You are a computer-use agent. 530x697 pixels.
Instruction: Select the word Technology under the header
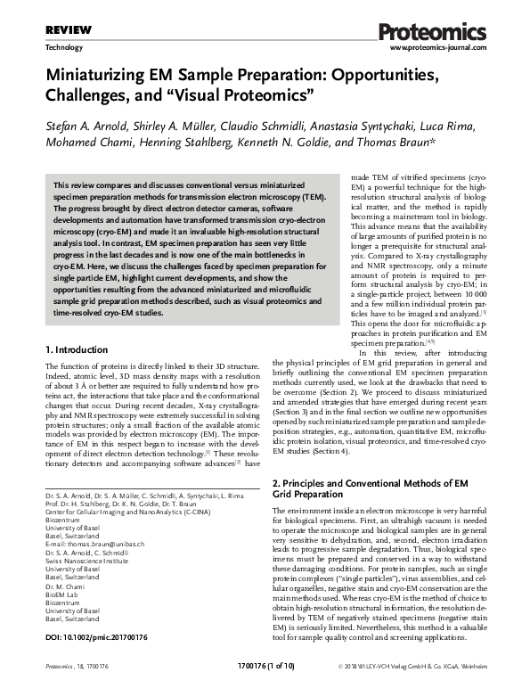coord(64,48)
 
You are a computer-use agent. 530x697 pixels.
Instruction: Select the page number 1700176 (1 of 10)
coord(264,690)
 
